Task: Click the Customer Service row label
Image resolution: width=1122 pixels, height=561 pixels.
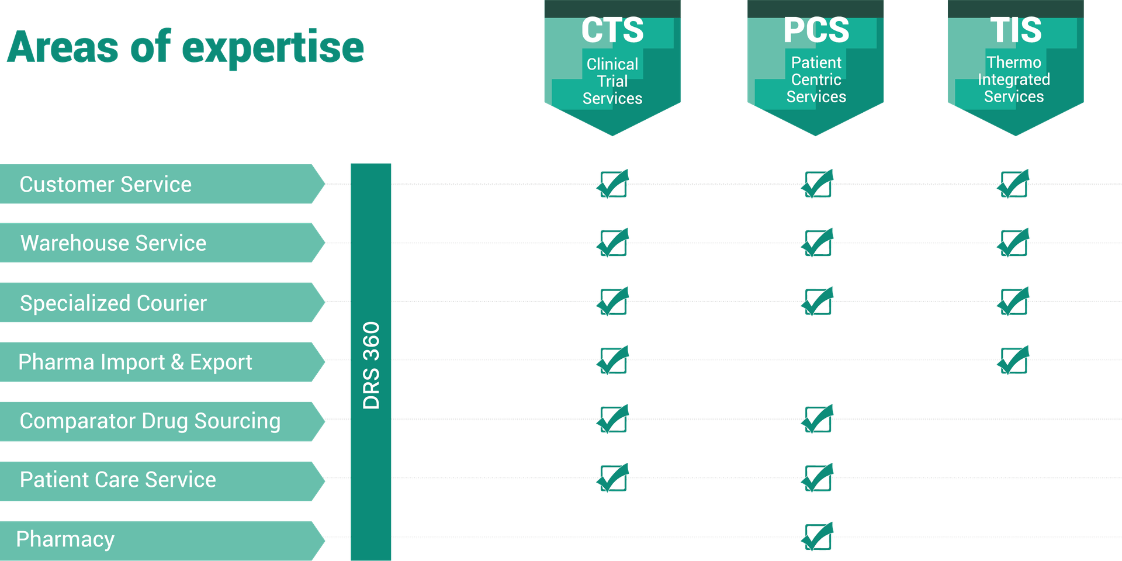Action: coord(106,185)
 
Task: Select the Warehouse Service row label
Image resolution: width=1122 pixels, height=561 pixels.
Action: coord(113,243)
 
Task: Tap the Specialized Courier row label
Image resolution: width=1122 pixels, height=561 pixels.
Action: coord(113,303)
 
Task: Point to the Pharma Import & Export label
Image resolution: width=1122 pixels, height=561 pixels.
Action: coord(135,362)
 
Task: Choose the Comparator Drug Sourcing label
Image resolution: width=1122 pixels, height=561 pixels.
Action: coord(150,421)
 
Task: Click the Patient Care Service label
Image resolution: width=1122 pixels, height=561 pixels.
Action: coord(118,480)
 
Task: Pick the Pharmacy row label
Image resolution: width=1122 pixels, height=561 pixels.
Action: coord(65,539)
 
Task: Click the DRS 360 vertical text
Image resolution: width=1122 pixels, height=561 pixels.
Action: coord(371,365)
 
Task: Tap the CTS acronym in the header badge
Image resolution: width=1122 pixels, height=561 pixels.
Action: coord(612,30)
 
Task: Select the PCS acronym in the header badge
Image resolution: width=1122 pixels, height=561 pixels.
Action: coord(816,30)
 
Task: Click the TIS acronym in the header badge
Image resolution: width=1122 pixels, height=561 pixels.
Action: coord(1016,30)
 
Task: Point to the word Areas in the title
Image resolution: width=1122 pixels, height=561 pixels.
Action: coord(63,47)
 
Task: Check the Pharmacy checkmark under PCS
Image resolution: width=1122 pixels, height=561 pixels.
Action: coord(818,536)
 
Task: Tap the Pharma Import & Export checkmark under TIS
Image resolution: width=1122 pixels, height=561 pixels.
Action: coord(1014,361)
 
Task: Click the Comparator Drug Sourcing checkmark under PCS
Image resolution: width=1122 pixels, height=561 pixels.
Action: coord(818,419)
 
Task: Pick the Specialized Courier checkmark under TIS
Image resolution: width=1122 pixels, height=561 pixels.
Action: coord(1014,302)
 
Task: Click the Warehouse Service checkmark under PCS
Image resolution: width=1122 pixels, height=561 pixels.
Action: coord(818,243)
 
